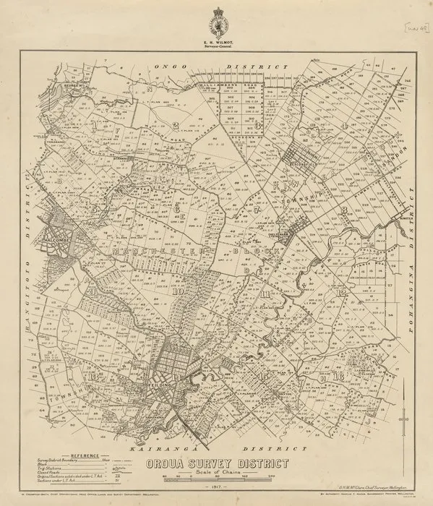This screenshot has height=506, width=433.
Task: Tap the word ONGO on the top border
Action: (168, 66)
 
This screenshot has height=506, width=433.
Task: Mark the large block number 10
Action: (177, 293)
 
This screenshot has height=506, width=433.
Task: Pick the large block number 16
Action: (339, 377)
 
